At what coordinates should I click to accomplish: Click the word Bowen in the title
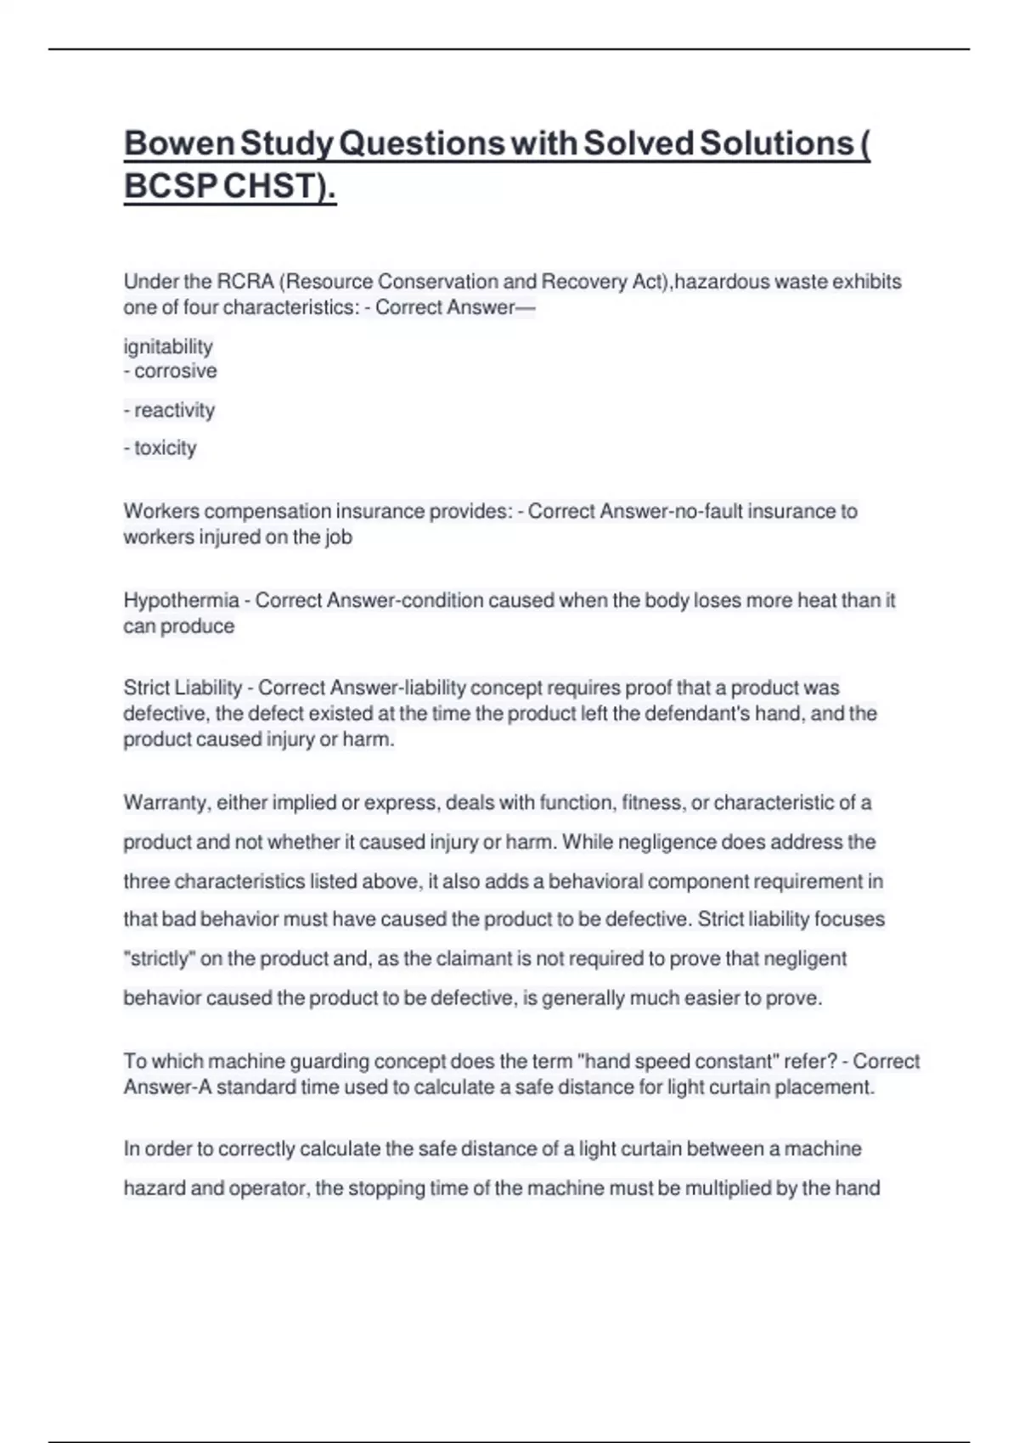(179, 143)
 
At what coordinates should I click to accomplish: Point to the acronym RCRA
(245, 282)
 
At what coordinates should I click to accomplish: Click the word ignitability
(168, 346)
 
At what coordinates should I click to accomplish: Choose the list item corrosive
(175, 371)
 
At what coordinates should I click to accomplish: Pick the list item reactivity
(174, 410)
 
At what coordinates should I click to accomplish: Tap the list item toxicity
(165, 448)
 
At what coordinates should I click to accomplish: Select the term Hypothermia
(181, 600)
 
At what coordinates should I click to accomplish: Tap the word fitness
(653, 803)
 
